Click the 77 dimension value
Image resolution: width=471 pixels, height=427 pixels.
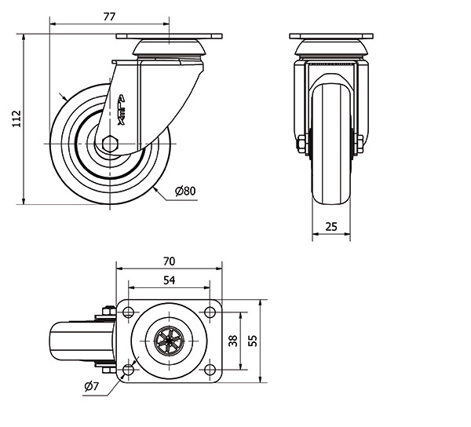coord(110,16)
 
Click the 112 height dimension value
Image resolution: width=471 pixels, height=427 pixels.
coord(16,119)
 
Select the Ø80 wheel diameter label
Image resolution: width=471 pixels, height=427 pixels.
coord(184,191)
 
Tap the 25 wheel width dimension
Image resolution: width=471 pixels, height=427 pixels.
coord(330,227)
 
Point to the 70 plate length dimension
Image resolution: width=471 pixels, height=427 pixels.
coord(169,261)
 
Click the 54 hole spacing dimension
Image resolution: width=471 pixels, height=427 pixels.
coord(169,280)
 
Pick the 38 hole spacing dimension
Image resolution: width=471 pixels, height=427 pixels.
coord(232,341)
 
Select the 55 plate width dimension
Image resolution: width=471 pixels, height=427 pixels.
coord(253,341)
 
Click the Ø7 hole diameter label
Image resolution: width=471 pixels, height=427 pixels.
coord(90,385)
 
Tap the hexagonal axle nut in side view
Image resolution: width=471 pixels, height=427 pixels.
coord(109,144)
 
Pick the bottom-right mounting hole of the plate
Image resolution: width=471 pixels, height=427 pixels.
coord(210,370)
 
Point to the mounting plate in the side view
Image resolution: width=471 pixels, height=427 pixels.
coord(170,37)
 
